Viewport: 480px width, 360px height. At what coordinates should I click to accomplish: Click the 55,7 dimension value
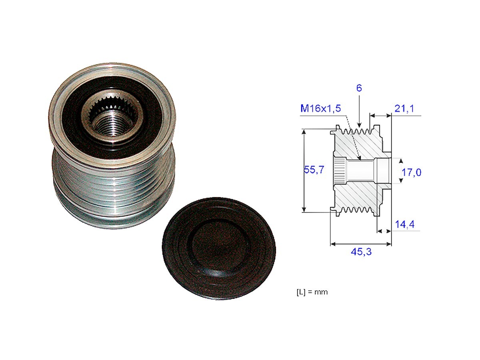click(x=312, y=170)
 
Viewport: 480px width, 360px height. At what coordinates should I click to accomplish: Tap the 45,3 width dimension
click(x=360, y=252)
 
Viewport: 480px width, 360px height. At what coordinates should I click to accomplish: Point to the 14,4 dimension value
click(x=404, y=225)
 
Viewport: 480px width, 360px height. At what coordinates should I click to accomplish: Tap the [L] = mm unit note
click(x=312, y=292)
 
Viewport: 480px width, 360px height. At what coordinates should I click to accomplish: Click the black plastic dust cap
click(x=218, y=248)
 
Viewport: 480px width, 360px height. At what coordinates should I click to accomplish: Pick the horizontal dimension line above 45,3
click(x=360, y=243)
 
